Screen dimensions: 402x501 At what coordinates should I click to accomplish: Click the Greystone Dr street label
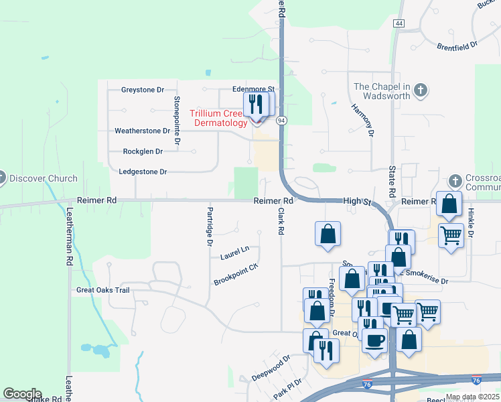(143, 90)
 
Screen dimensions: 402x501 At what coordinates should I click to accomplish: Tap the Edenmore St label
(253, 88)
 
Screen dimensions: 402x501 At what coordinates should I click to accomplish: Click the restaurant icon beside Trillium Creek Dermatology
(255, 105)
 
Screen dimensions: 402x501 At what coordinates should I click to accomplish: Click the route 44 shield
(400, 23)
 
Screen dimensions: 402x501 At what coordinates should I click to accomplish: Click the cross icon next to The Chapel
(421, 90)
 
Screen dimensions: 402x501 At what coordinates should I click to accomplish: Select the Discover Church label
(44, 179)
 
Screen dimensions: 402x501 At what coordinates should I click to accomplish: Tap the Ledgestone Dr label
(143, 172)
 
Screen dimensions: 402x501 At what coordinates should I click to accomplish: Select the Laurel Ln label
(234, 253)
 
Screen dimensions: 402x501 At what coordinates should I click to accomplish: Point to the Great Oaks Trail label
(102, 290)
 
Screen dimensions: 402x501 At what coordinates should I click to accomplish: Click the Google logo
(22, 394)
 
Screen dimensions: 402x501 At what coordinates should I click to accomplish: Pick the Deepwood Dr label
(271, 368)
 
